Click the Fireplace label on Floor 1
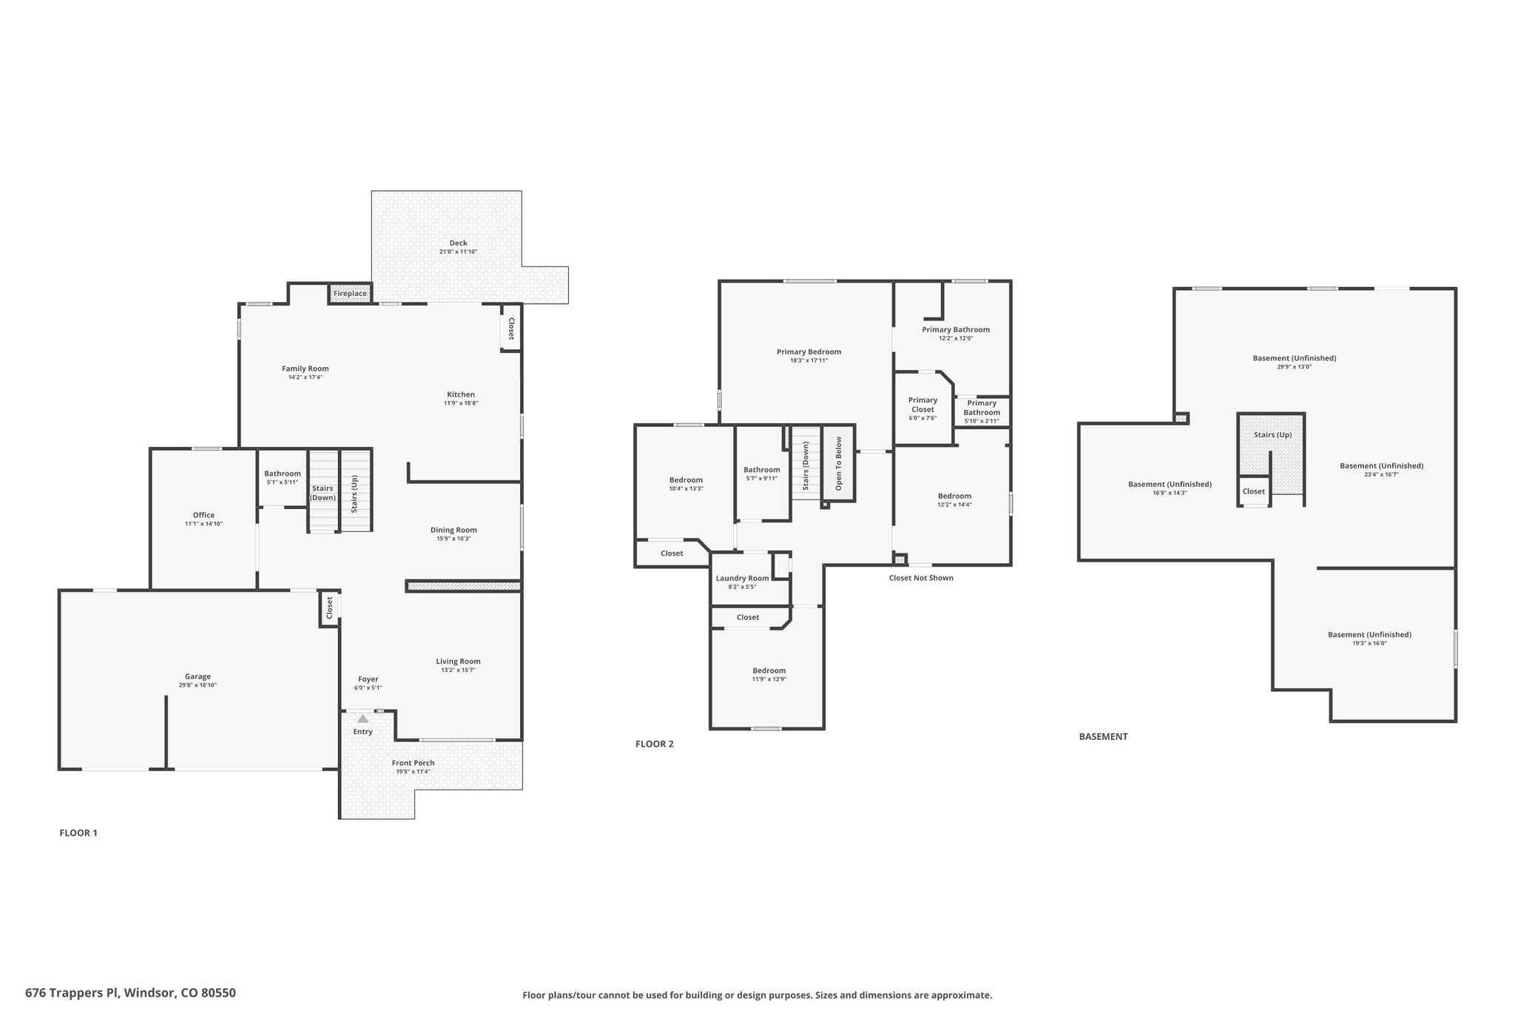350,294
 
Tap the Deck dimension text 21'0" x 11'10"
458,252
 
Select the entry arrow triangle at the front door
362,718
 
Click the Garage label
198,676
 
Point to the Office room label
203,515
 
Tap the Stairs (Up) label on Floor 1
354,494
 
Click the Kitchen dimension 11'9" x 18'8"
461,403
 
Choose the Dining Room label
453,530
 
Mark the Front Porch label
413,763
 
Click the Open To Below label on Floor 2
839,464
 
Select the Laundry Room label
742,578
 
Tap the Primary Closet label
922,404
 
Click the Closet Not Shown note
921,578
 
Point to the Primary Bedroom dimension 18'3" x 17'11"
809,360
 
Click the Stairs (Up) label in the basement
1272,434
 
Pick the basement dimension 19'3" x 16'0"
1369,643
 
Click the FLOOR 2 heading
654,744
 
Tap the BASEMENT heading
1103,736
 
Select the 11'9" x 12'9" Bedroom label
769,670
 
